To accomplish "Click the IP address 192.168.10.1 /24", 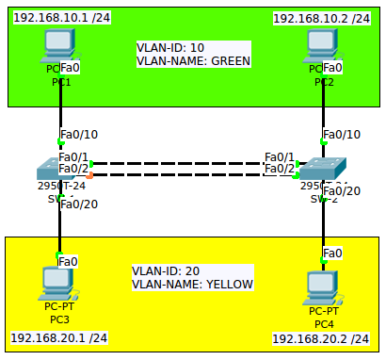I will (x=60, y=18).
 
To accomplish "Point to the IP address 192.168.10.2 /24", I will (x=323, y=18).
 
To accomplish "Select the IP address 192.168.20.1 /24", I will (x=58, y=337).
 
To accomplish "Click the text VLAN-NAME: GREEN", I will (x=194, y=62).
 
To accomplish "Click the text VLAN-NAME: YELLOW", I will (x=192, y=284).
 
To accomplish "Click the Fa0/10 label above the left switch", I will (x=77, y=134).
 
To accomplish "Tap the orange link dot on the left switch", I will (x=89, y=175).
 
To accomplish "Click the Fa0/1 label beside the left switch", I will (x=73, y=156).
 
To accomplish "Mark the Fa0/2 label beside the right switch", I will (x=280, y=169).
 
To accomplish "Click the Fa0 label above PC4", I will (x=332, y=253).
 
